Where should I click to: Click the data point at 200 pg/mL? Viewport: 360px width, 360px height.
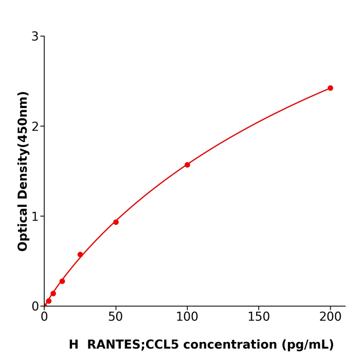(330, 88)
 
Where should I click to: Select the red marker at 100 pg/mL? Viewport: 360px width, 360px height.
(187, 165)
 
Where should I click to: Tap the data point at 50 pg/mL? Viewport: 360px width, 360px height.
(116, 222)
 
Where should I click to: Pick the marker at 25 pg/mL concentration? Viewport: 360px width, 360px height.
(80, 255)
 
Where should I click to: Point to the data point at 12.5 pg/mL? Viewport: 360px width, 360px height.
(62, 281)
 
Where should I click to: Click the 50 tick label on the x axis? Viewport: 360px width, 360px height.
(116, 317)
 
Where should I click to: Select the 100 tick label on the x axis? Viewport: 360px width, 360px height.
(187, 317)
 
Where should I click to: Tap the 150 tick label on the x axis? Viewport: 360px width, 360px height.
(259, 317)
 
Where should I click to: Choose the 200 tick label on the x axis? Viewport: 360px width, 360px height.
(330, 317)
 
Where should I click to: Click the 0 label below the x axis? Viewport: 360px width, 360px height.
(44, 317)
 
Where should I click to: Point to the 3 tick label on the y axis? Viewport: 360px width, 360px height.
(35, 37)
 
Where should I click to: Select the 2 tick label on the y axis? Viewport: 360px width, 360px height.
(35, 127)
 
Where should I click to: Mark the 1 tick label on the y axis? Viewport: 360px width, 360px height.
(35, 217)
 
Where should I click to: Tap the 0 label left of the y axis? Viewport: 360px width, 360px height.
(35, 307)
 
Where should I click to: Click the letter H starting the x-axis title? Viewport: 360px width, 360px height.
(74, 345)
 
